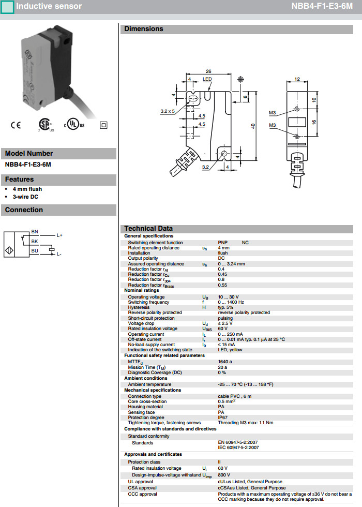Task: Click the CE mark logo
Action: tap(16, 125)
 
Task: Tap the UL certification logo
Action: tap(74, 125)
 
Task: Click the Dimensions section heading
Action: tap(144, 29)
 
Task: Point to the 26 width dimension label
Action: tap(208, 71)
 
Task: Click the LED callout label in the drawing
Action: tap(207, 79)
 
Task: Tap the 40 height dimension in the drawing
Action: tap(253, 126)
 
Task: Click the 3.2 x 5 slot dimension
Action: tap(168, 111)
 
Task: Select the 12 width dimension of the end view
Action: tap(297, 79)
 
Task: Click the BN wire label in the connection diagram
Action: tap(35, 231)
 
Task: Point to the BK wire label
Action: tap(35, 241)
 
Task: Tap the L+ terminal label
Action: tap(59, 235)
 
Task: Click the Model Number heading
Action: tap(29, 153)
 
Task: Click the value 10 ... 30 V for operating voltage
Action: tap(230, 297)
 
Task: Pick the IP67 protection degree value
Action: tap(223, 417)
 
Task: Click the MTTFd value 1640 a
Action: tap(225, 362)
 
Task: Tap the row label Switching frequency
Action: tap(149, 302)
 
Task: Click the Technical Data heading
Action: tap(148, 229)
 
